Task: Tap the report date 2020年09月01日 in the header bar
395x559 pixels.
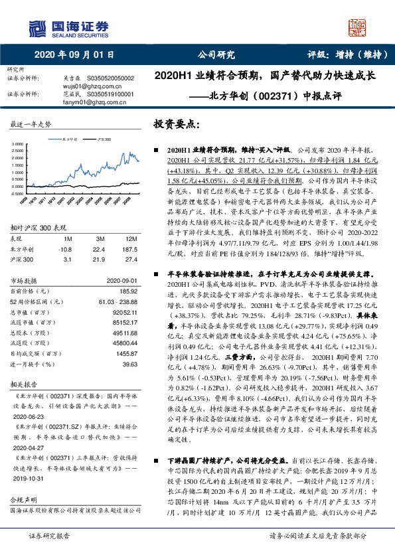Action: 74,55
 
